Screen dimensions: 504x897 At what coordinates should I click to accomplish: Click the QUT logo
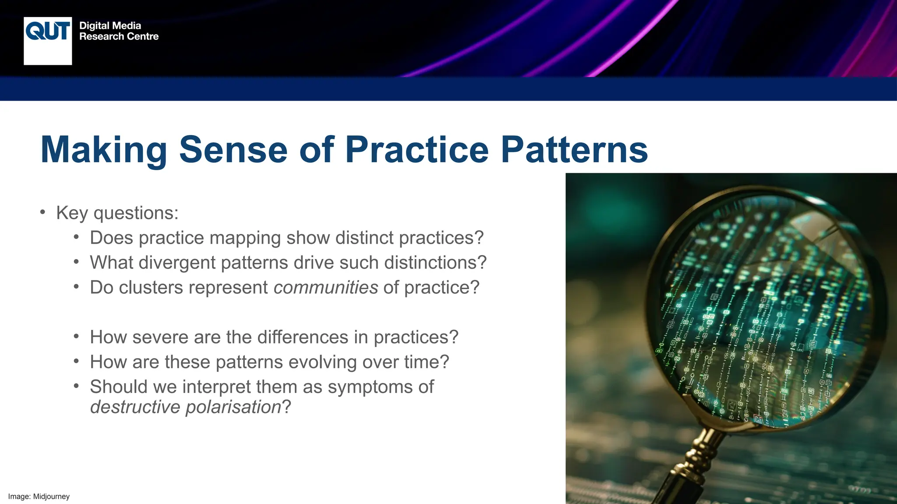48,41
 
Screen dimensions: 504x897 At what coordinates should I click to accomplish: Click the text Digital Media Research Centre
118,31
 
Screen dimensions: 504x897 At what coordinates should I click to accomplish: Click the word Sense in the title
233,150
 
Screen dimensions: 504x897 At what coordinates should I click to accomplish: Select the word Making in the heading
104,150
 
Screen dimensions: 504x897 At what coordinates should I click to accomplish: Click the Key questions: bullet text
117,213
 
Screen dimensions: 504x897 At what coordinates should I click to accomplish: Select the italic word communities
325,288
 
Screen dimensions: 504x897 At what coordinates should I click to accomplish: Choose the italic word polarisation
233,407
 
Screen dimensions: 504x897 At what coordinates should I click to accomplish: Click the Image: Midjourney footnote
39,497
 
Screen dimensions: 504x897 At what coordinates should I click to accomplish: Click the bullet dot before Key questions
42,213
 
